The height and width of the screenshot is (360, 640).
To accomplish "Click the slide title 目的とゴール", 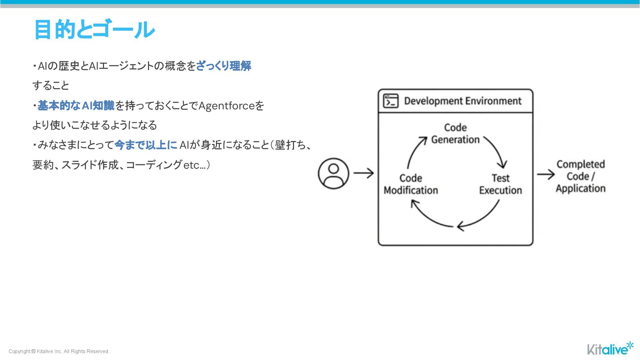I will pos(94,29).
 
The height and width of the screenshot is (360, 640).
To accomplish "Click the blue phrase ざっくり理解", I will pos(223,66).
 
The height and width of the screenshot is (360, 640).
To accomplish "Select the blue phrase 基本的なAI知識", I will pos(76,106).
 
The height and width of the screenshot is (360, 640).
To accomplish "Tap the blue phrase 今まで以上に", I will pos(146,145).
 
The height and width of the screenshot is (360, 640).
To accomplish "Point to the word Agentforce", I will pos(226,106).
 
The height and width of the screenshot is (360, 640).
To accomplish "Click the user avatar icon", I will pos(333,173).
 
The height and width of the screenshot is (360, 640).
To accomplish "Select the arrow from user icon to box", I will pos(363,173).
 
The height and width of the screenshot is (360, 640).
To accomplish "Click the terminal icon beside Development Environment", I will pos(391,101).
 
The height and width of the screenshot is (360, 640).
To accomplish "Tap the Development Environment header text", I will pos(463,101).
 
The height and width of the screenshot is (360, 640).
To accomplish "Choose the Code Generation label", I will pos(455,133).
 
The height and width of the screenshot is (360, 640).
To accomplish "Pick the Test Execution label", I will pos(500,184).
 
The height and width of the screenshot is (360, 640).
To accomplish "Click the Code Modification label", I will pos(411,184).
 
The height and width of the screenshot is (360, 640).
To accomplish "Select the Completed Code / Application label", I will pos(581,176).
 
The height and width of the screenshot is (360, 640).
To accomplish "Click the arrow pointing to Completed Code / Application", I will pos(545,174).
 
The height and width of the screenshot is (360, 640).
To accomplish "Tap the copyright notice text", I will pos(59,351).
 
